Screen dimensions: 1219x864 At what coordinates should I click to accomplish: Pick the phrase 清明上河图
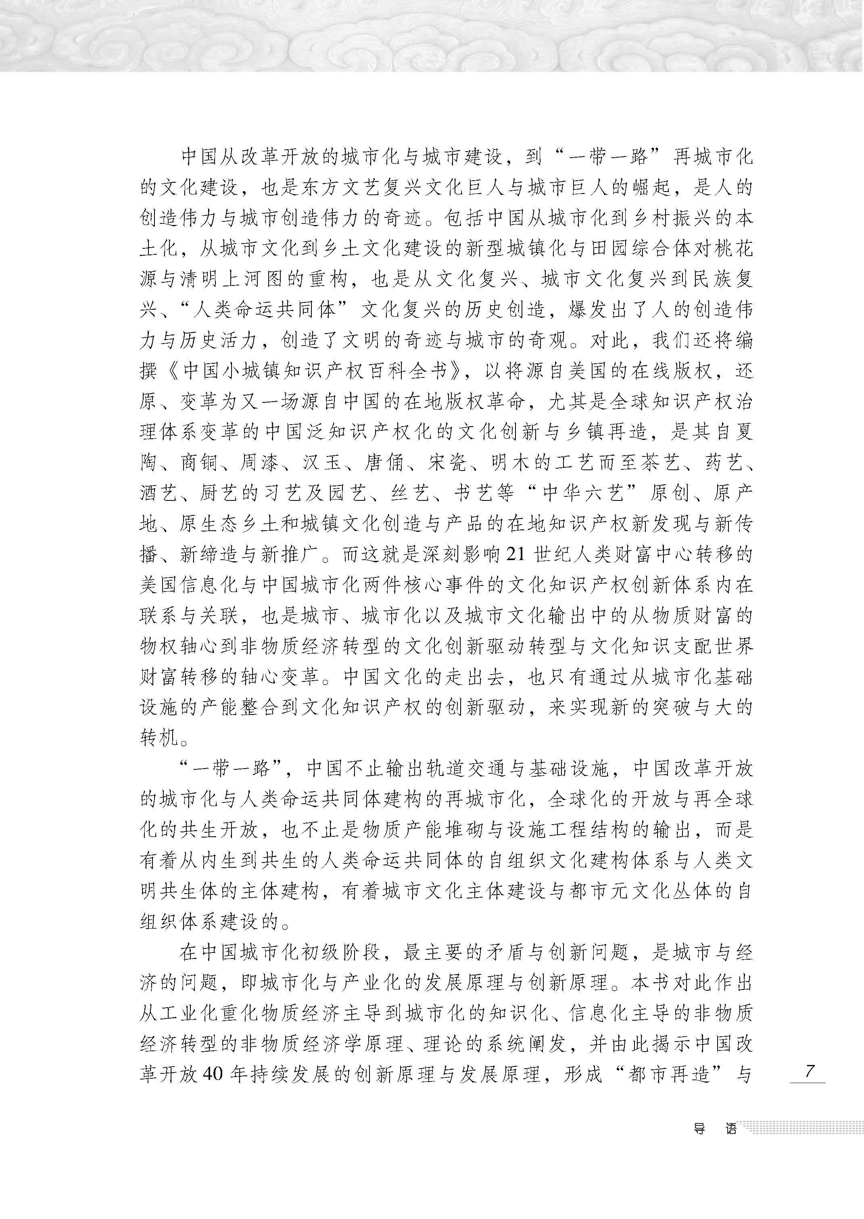[232, 279]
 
